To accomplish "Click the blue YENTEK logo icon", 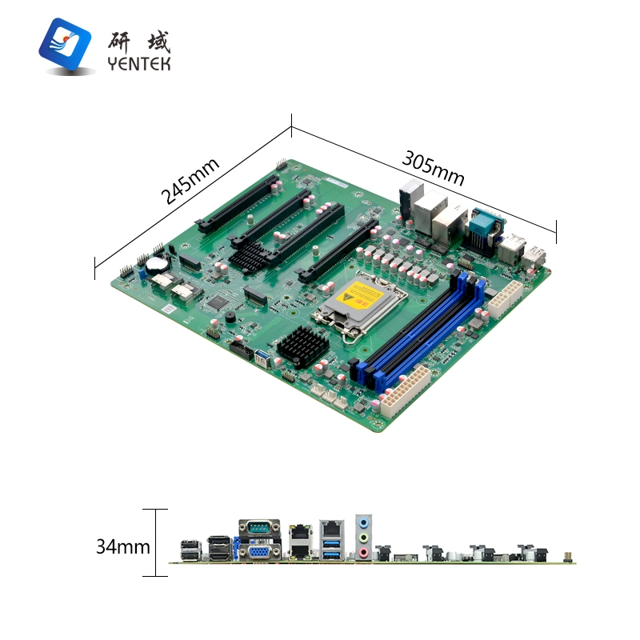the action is [x=65, y=44].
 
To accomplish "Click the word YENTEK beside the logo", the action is [x=139, y=64].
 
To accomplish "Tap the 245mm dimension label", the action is [x=190, y=181].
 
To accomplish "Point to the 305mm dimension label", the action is [x=433, y=168].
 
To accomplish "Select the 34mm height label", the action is [x=123, y=546].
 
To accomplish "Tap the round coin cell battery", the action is [x=157, y=264].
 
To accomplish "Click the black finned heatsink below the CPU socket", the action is [x=303, y=347].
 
